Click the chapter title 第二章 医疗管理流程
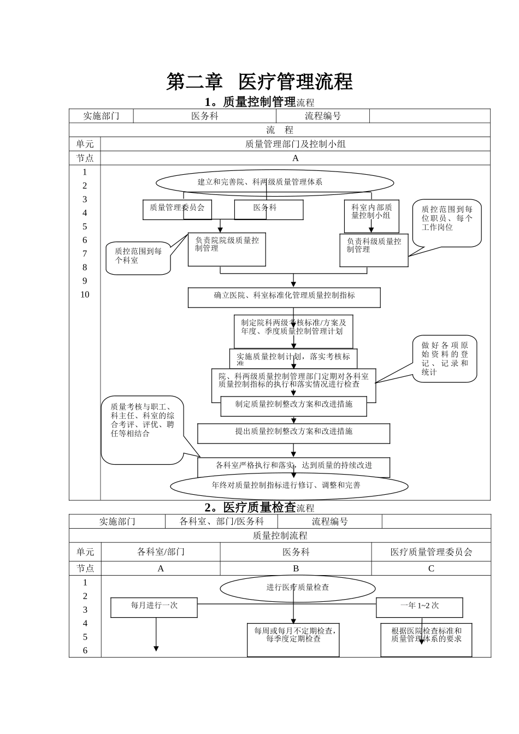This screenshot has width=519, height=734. point(259,82)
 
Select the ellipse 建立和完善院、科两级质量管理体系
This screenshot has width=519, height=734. point(274,182)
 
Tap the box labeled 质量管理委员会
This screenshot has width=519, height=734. point(177,209)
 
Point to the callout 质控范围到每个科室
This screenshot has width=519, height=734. point(138,257)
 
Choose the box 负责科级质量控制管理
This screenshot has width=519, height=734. point(374,250)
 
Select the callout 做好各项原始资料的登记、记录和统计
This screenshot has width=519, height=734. point(445,358)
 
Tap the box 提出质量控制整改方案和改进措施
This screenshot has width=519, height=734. point(293,432)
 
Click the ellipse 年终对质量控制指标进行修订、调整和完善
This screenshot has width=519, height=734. point(289,485)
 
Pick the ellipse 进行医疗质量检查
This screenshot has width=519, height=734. point(298,588)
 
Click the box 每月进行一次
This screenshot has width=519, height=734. point(154,607)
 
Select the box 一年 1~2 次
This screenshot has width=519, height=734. point(419,607)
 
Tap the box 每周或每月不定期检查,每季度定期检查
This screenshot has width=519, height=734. point(293,639)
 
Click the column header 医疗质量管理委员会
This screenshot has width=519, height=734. point(431,552)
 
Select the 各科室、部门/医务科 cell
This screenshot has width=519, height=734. point(221,522)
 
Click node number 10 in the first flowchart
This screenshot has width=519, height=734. point(85,295)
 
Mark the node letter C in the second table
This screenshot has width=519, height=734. point(431,569)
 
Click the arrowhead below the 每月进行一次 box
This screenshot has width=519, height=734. point(156,648)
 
